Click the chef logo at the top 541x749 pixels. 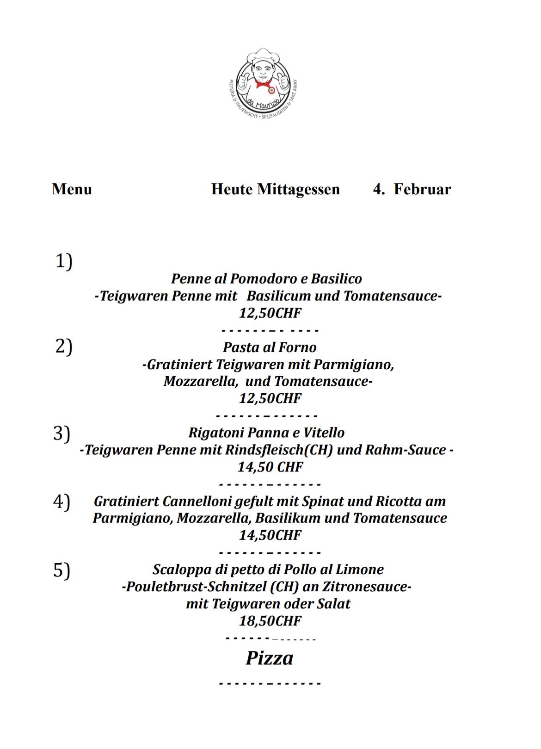(263, 82)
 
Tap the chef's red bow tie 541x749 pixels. (263, 84)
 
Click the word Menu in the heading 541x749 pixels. (72, 189)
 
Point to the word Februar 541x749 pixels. (422, 189)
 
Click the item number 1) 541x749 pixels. (64, 261)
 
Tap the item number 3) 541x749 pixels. (61, 433)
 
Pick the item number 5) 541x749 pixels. (61, 570)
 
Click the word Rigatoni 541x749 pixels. (216, 433)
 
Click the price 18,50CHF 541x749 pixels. (270, 621)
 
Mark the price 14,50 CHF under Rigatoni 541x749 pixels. (270, 467)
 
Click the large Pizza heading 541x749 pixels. (269, 658)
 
